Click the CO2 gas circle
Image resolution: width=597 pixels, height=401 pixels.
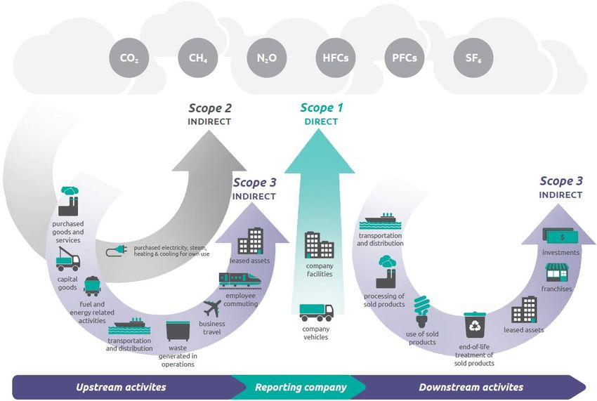(129, 58)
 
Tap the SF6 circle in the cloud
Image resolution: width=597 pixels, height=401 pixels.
(473, 58)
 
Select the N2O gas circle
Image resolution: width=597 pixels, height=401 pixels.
(267, 58)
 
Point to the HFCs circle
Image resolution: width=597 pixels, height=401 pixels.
(336, 58)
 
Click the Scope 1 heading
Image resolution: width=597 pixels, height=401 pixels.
(322, 107)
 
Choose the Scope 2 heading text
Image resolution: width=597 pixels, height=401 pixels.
(210, 108)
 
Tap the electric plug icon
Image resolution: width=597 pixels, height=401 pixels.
(116, 251)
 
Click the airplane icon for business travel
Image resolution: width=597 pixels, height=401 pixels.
(212, 308)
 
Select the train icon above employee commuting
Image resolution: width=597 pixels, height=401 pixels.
(240, 280)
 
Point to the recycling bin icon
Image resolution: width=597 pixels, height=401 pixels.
(475, 325)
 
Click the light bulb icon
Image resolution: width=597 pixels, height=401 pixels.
(421, 312)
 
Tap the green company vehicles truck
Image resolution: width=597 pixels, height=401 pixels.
(316, 313)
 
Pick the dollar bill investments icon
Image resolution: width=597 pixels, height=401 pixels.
(560, 236)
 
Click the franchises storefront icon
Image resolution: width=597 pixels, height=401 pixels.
(557, 272)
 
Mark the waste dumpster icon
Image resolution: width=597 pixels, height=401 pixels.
(178, 331)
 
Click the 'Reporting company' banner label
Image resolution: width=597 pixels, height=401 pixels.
(301, 387)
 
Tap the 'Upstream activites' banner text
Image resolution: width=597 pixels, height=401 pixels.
(121, 387)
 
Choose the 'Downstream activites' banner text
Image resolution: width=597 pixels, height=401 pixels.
(471, 387)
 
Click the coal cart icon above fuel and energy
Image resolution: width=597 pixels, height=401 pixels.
(92, 287)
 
